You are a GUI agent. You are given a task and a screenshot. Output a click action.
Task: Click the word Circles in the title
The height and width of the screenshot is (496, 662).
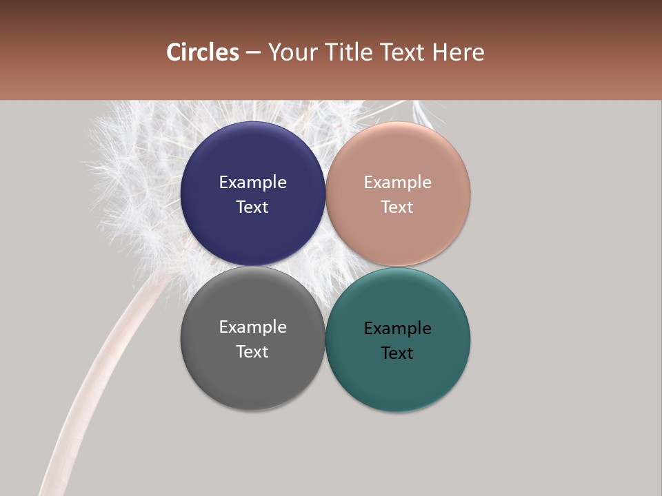(x=202, y=52)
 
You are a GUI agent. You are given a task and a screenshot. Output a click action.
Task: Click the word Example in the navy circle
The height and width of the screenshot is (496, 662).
(x=252, y=183)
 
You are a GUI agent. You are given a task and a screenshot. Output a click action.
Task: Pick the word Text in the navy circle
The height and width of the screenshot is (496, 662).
(x=252, y=207)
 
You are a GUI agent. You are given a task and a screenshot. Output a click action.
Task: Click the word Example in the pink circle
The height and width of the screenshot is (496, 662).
(x=397, y=183)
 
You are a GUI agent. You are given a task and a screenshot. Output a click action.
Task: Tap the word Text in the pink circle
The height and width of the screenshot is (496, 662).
(x=397, y=207)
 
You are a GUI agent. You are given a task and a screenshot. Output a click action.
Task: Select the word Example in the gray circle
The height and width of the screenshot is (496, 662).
(x=252, y=327)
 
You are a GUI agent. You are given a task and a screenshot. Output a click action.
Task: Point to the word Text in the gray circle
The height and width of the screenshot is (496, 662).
(x=252, y=352)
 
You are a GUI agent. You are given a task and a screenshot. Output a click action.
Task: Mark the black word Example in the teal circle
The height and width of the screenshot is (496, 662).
(x=397, y=329)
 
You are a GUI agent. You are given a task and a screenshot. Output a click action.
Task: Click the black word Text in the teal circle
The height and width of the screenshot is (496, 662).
(x=397, y=353)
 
